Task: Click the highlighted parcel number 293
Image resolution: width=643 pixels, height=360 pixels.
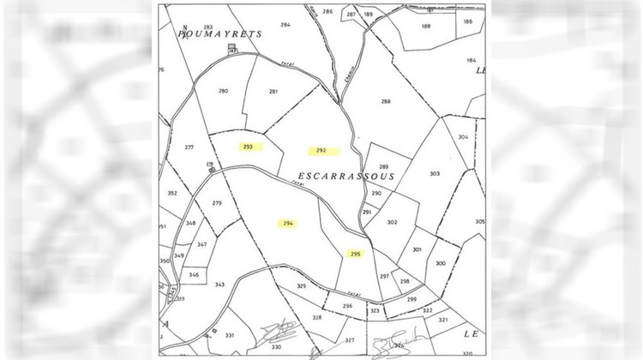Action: click(248, 147)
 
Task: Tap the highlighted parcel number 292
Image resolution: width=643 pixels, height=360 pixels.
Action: click(321, 151)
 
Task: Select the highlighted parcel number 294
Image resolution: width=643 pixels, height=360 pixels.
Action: click(288, 224)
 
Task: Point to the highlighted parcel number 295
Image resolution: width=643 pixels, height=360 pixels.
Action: click(356, 254)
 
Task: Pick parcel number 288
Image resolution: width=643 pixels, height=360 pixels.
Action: click(386, 102)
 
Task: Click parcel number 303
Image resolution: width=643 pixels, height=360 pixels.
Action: click(435, 174)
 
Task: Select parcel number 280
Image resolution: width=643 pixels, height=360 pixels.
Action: click(224, 91)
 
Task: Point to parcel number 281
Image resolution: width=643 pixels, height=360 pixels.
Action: click(273, 92)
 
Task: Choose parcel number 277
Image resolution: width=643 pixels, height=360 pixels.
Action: click(189, 147)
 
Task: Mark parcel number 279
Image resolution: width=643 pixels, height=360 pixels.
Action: click(217, 203)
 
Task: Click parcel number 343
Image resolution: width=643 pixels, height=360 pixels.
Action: click(219, 285)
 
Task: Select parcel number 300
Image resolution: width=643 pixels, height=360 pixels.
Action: click(441, 263)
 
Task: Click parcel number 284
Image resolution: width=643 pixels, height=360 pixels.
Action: click(285, 25)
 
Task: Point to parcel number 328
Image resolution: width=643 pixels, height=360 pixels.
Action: click(316, 317)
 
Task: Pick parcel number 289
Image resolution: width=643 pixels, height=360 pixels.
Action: click(384, 166)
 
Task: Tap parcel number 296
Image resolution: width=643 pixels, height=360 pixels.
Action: click(347, 306)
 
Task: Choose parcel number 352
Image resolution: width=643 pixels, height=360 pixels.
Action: click(172, 194)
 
